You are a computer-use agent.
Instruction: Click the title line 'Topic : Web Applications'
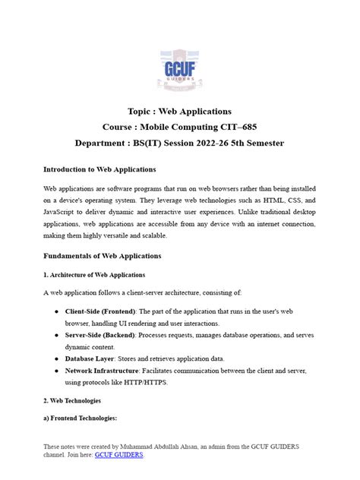[x=179, y=112]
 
